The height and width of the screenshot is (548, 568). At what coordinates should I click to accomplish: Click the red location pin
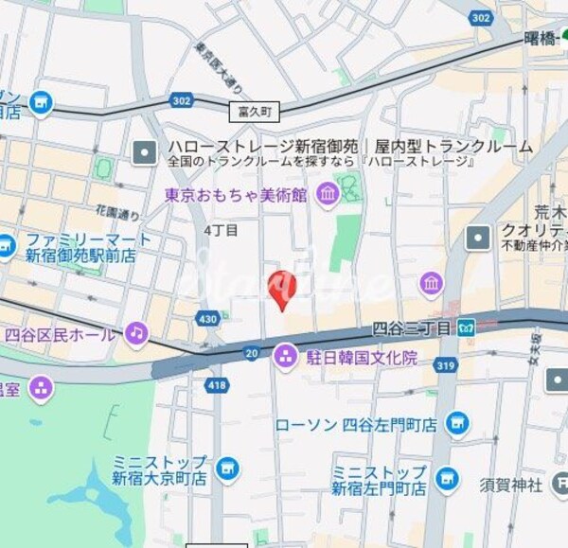[x=282, y=288]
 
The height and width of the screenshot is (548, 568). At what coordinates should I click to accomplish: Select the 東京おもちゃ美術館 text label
[x=236, y=196]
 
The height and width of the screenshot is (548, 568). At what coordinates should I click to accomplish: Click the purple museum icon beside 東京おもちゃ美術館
[x=328, y=196]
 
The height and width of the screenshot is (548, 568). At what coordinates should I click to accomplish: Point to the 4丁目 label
[x=221, y=229]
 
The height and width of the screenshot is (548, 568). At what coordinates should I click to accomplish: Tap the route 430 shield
[x=208, y=319]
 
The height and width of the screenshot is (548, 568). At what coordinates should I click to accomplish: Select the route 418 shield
[x=216, y=385]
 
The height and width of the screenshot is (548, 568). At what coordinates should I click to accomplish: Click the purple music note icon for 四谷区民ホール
[x=137, y=333]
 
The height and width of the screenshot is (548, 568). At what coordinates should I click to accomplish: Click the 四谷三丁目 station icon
[x=465, y=328]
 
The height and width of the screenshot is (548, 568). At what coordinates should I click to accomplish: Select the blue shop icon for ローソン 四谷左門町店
[x=457, y=423]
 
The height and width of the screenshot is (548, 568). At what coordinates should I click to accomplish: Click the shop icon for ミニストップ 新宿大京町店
[x=226, y=468]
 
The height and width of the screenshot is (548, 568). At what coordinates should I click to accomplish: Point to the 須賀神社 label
[x=510, y=486]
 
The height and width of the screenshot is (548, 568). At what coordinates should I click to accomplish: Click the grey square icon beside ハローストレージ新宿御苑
[x=144, y=150]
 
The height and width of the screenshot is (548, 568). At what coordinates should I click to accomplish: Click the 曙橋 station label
[x=541, y=40]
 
